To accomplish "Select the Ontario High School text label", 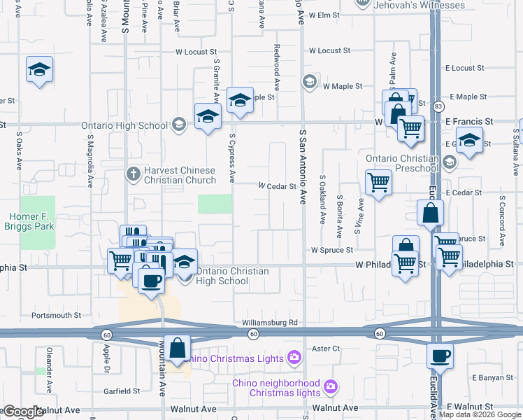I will tap(124, 125).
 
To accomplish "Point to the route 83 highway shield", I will tap(438, 106).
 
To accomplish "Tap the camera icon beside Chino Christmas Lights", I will tap(294, 358).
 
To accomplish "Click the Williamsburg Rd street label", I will tap(270, 323).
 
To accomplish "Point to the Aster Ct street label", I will tap(326, 348).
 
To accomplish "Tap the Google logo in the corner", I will tap(22, 412).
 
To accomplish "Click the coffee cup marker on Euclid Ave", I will tap(440, 356).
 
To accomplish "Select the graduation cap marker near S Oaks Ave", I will tap(40, 70).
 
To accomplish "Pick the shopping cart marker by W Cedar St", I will tap(378, 183).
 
